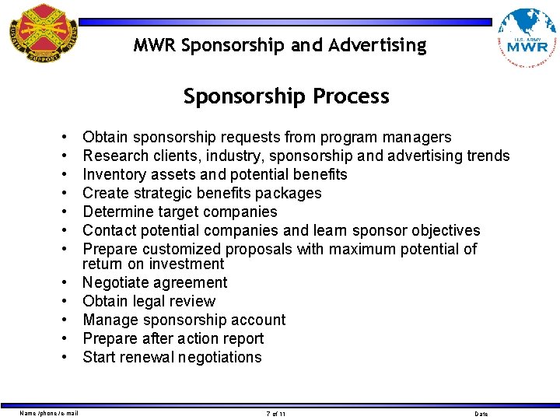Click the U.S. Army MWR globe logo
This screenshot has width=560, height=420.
(527, 39)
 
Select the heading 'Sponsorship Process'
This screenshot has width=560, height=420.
(286, 96)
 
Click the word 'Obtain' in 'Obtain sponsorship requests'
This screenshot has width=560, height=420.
(106, 138)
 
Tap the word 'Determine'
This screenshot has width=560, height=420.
(119, 212)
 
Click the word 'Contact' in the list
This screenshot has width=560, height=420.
(110, 231)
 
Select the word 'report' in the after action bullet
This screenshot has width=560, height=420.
(243, 339)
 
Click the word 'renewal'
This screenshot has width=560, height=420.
(149, 358)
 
